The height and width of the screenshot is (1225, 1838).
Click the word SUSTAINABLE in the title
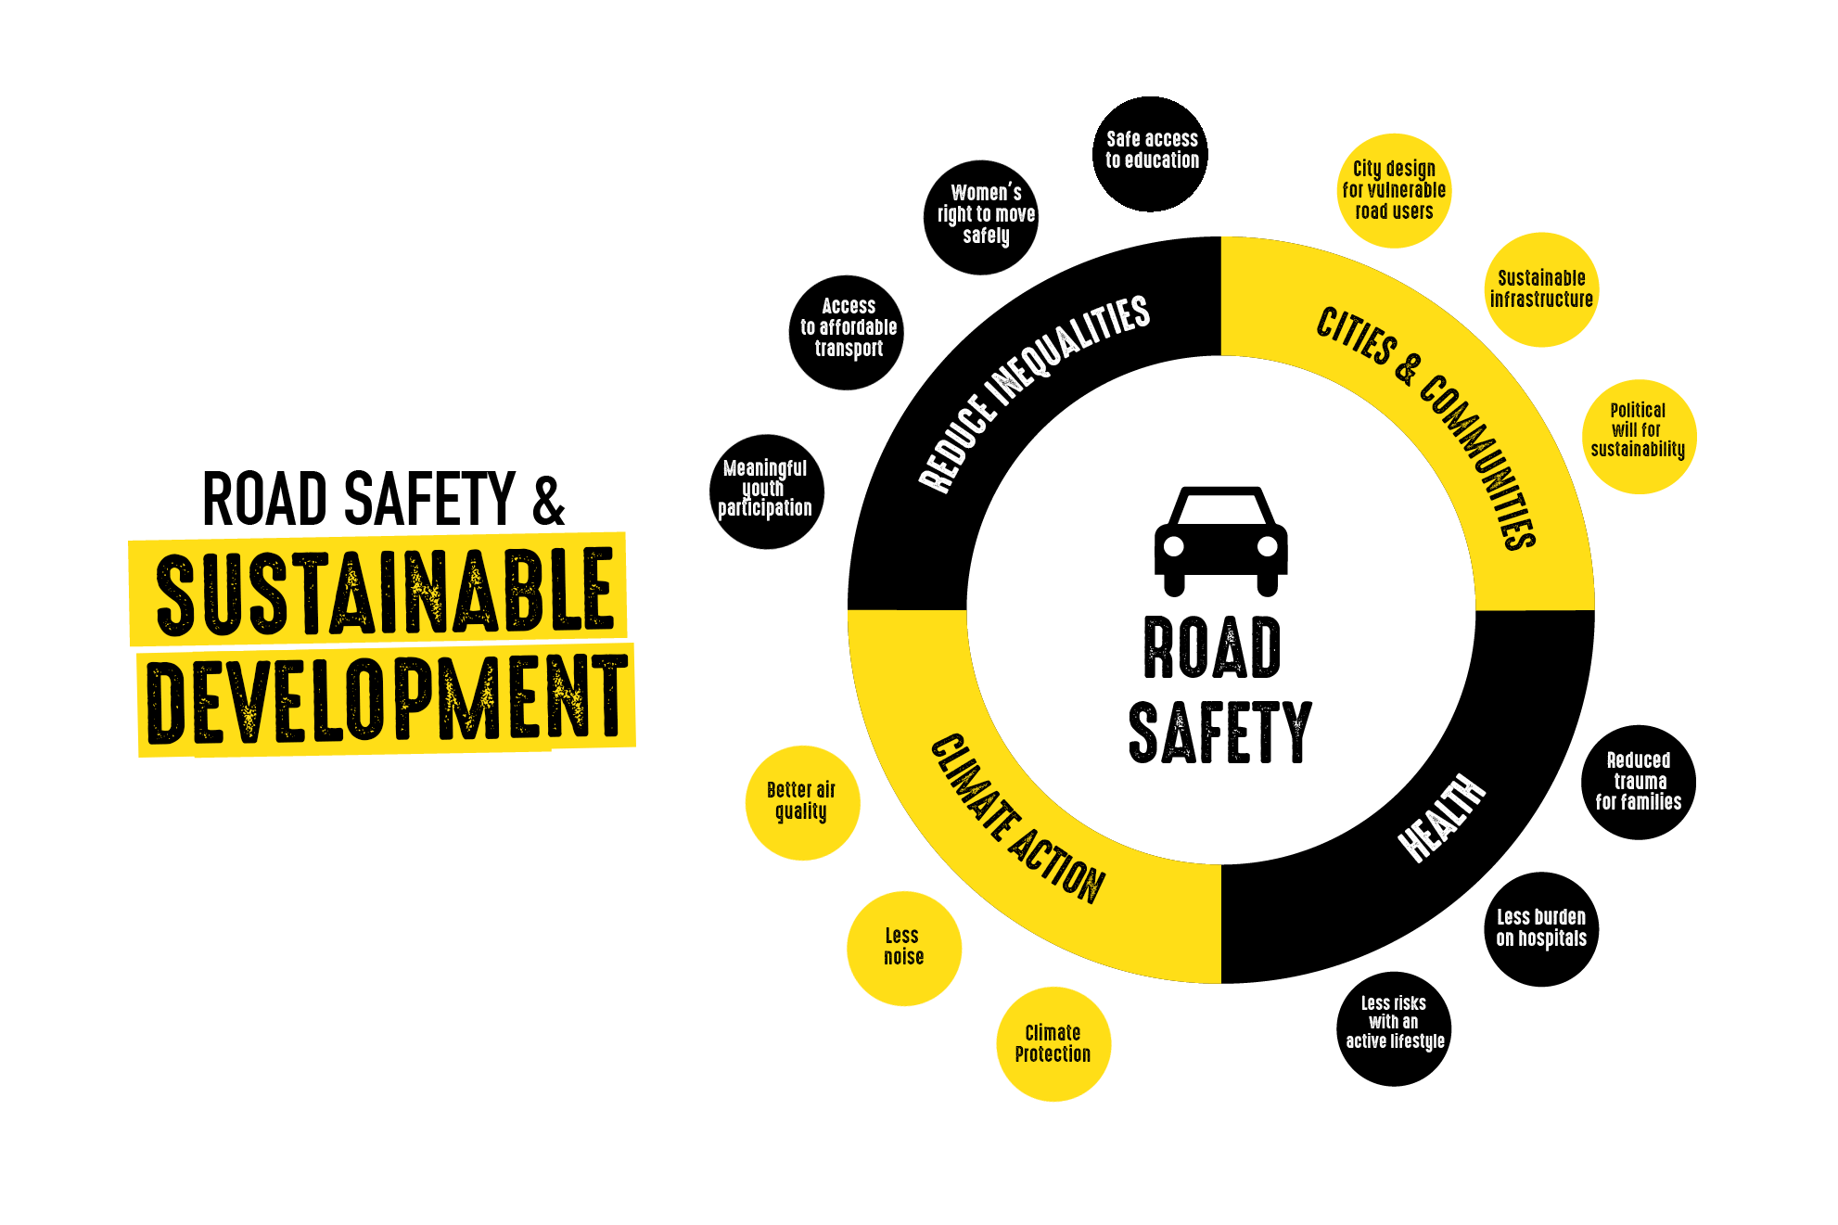click(382, 592)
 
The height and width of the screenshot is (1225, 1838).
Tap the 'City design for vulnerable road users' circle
click(1394, 190)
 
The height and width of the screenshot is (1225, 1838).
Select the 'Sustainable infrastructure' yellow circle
click(1541, 289)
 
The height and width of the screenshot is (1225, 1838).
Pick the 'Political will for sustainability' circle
click(1638, 436)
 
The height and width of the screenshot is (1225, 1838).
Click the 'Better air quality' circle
click(802, 802)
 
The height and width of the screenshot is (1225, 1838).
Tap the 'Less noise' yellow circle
click(903, 947)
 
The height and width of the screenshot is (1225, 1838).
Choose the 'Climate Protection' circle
click(1053, 1043)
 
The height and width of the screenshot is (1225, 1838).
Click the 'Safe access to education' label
click(1152, 150)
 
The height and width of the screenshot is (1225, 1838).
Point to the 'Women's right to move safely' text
click(986, 214)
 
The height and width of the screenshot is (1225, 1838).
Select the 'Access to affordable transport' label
click(849, 327)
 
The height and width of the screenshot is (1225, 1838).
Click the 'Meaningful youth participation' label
click(765, 488)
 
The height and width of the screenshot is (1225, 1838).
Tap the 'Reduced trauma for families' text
click(1639, 781)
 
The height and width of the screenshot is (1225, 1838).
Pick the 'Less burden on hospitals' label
click(1541, 927)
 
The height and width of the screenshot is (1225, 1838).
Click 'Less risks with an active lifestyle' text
click(1395, 1022)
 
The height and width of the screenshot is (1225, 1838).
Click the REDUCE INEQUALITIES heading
click(1034, 393)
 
